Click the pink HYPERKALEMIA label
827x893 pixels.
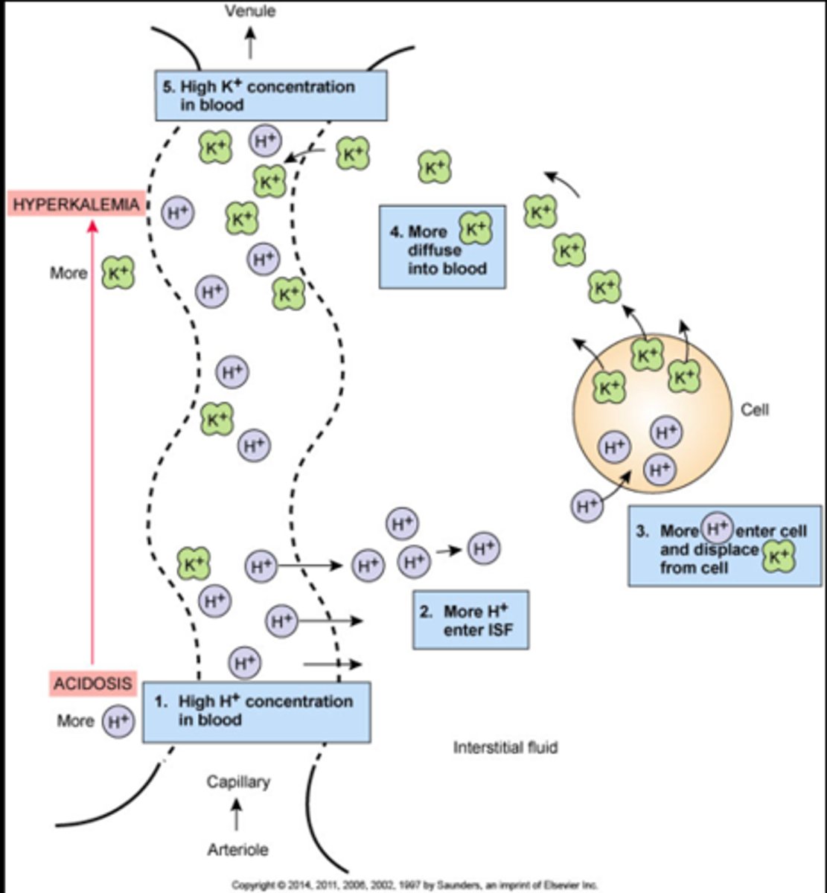point(75,204)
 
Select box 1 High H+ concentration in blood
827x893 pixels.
point(256,711)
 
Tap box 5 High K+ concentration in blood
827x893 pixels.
point(271,95)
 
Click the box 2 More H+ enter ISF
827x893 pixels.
point(471,621)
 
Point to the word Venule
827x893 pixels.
point(250,11)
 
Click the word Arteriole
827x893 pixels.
point(237,849)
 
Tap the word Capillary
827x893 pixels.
point(238,782)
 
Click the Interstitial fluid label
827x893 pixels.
point(505,747)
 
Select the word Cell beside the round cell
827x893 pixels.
point(755,409)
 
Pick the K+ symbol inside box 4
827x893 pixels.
point(475,228)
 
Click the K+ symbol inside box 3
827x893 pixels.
point(778,555)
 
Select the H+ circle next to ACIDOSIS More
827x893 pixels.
point(118,721)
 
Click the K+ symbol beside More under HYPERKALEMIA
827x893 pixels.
point(118,273)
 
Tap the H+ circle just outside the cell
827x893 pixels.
point(587,506)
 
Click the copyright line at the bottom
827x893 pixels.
point(415,886)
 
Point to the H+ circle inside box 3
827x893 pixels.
point(716,529)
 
